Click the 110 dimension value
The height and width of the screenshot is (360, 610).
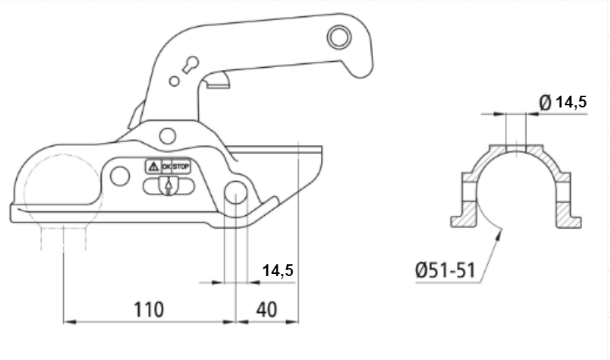[x=149, y=310]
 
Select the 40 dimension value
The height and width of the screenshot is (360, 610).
[x=267, y=310]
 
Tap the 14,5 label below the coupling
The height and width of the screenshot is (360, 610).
[x=277, y=270]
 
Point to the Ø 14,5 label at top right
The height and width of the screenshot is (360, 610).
[x=563, y=102]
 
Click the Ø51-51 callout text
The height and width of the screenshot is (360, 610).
[x=445, y=270]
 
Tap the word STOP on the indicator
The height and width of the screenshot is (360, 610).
[x=181, y=166]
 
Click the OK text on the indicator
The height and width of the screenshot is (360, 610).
[x=166, y=166]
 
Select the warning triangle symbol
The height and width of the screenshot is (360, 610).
[x=154, y=166]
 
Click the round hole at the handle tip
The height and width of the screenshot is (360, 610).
[x=338, y=37]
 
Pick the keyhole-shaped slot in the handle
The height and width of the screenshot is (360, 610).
[x=191, y=65]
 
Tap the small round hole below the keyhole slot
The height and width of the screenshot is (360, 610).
[x=174, y=81]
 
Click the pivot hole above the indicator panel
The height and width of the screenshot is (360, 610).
[x=168, y=136]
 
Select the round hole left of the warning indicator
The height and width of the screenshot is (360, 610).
[x=120, y=176]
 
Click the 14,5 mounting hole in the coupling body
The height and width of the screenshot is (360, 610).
[x=235, y=192]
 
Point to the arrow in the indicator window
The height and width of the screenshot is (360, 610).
[x=169, y=186]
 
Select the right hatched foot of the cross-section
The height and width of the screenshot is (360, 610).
[x=568, y=214]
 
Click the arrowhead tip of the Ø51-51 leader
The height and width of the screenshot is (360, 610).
[x=501, y=230]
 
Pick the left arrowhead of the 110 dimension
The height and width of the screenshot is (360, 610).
[x=69, y=322]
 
